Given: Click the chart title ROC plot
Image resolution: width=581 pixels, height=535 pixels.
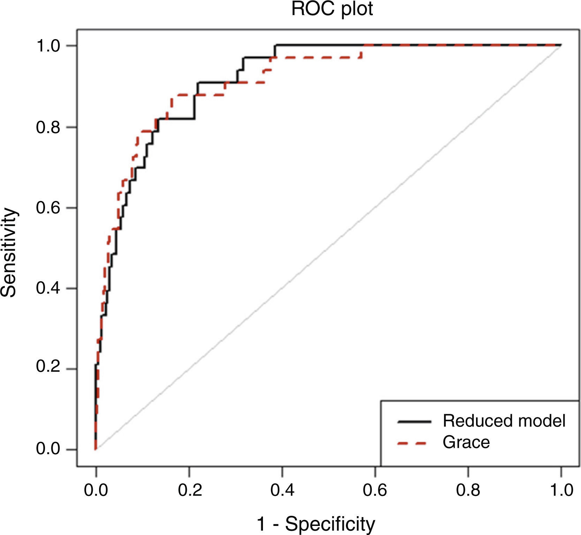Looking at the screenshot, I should point(332,9).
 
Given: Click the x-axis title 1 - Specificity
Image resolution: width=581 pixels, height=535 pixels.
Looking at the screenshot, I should point(316,524).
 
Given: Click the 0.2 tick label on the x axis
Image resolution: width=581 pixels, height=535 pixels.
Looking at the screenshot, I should point(189,490).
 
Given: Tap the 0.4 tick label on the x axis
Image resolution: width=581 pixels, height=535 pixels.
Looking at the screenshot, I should point(282,490).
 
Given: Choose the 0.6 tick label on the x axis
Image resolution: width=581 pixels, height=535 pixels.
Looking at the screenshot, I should point(375,490).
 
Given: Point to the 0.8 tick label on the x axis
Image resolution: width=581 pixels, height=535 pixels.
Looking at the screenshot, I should point(468,490).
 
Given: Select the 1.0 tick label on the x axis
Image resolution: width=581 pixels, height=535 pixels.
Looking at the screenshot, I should point(561,490).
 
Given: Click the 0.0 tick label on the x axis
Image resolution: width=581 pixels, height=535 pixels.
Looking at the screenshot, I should point(96,490).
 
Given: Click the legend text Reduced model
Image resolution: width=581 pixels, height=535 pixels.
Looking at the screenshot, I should point(504,421).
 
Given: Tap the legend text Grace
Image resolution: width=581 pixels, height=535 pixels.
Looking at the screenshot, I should point(466,443).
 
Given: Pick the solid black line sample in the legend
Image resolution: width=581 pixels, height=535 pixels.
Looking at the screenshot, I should point(414,422).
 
